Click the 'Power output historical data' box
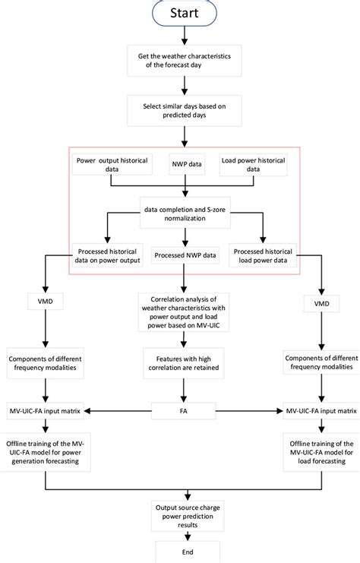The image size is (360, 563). point(111,164)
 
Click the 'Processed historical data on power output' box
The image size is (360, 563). point(111,256)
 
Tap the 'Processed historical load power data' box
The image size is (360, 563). point(261,256)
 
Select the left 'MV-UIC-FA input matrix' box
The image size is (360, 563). point(47,411)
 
